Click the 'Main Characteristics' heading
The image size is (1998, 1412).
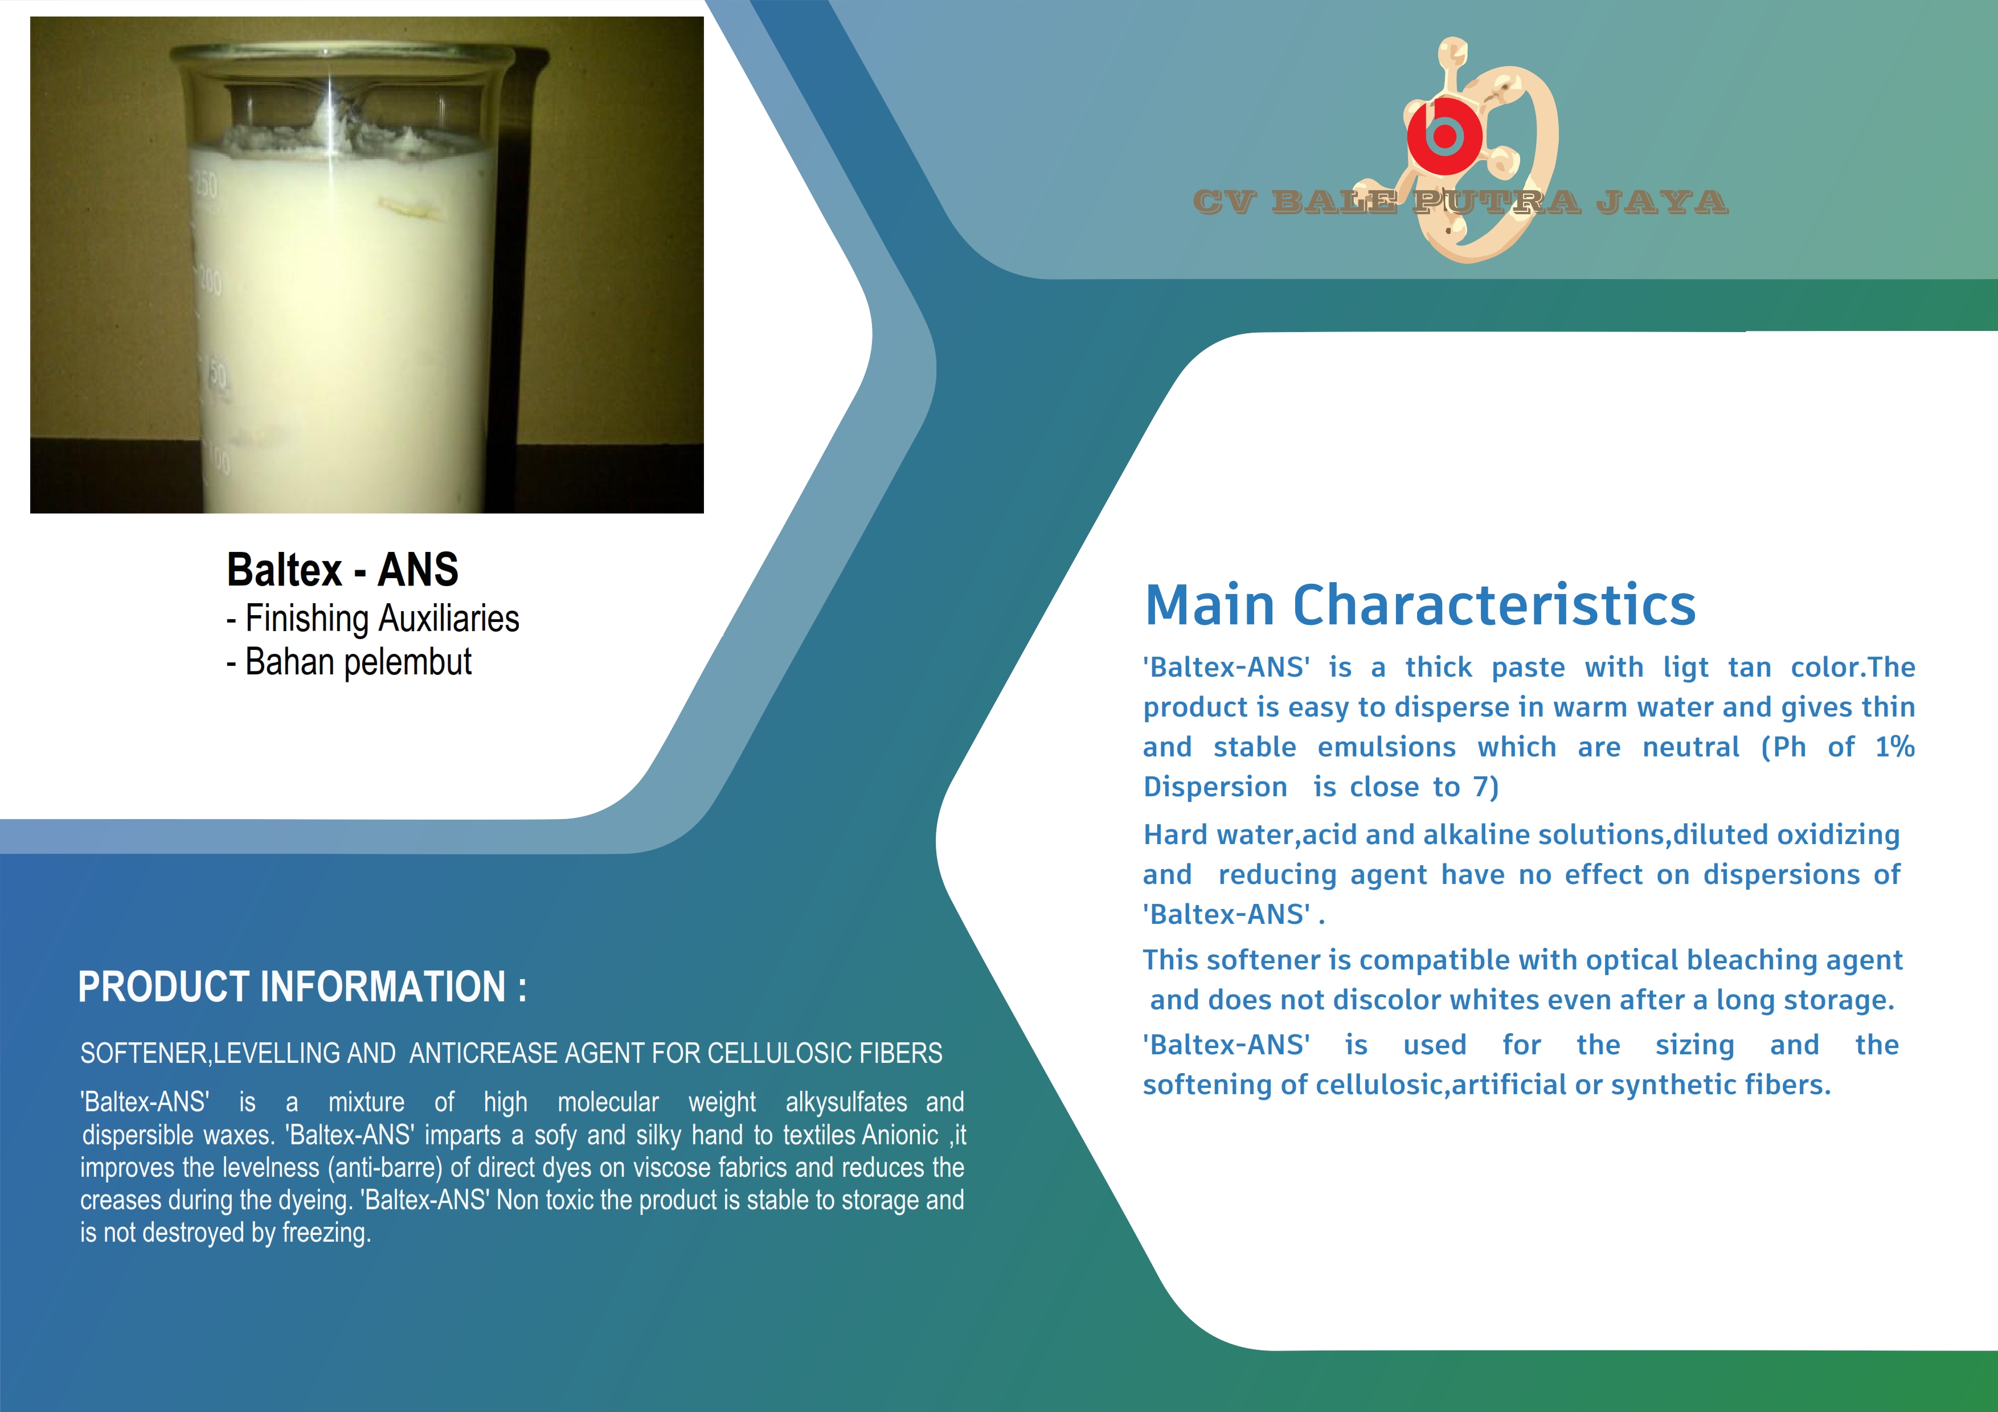coord(1420,605)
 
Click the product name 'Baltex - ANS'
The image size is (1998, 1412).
coord(342,570)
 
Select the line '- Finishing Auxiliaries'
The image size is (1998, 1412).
coord(372,619)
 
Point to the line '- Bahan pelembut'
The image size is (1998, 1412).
coord(348,662)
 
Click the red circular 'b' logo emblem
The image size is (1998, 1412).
coord(1444,136)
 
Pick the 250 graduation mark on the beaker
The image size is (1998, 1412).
coord(206,185)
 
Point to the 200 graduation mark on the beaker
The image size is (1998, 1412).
coord(210,281)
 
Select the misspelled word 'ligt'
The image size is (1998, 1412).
coord(1686,668)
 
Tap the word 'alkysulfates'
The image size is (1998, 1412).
coord(846,1102)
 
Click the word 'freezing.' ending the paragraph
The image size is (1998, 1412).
coord(326,1233)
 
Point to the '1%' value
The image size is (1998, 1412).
coord(1894,747)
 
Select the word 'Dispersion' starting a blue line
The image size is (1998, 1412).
coord(1215,787)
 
